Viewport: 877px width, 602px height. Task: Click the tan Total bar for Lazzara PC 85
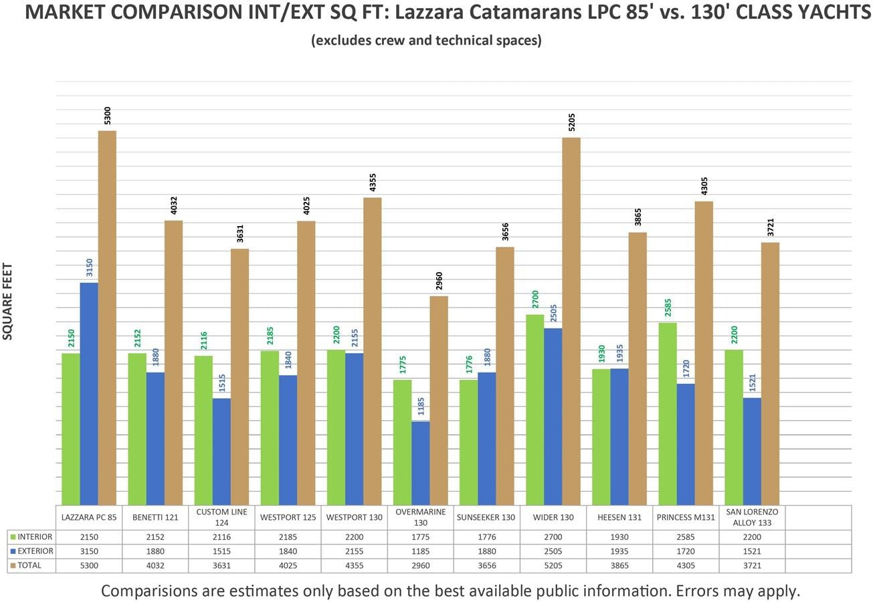pyautogui.click(x=107, y=318)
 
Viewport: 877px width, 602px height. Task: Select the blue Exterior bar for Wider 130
pyautogui.click(x=553, y=416)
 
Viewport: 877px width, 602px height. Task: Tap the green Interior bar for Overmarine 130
pyautogui.click(x=402, y=442)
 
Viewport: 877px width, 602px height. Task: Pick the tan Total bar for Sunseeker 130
pyautogui.click(x=505, y=376)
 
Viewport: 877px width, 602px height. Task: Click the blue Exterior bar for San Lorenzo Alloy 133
pyautogui.click(x=752, y=451)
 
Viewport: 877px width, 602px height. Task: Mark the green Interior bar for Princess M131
pyautogui.click(x=668, y=413)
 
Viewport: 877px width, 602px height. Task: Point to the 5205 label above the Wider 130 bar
pyautogui.click(x=571, y=122)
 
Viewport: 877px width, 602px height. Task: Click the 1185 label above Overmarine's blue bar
pyautogui.click(x=421, y=406)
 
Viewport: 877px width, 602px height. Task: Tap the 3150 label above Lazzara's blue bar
pyautogui.click(x=90, y=268)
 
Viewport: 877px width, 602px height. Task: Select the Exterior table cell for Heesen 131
pyautogui.click(x=619, y=551)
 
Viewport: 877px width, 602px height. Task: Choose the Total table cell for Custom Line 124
pyautogui.click(x=221, y=565)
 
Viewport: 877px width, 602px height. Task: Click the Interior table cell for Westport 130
pyautogui.click(x=354, y=536)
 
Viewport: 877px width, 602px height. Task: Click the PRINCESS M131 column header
pyautogui.click(x=685, y=517)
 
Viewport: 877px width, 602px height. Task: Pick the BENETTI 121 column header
pyautogui.click(x=155, y=517)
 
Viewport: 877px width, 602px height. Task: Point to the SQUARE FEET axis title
pyautogui.click(x=8, y=302)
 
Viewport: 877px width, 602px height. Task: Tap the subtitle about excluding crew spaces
pyautogui.click(x=426, y=40)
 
